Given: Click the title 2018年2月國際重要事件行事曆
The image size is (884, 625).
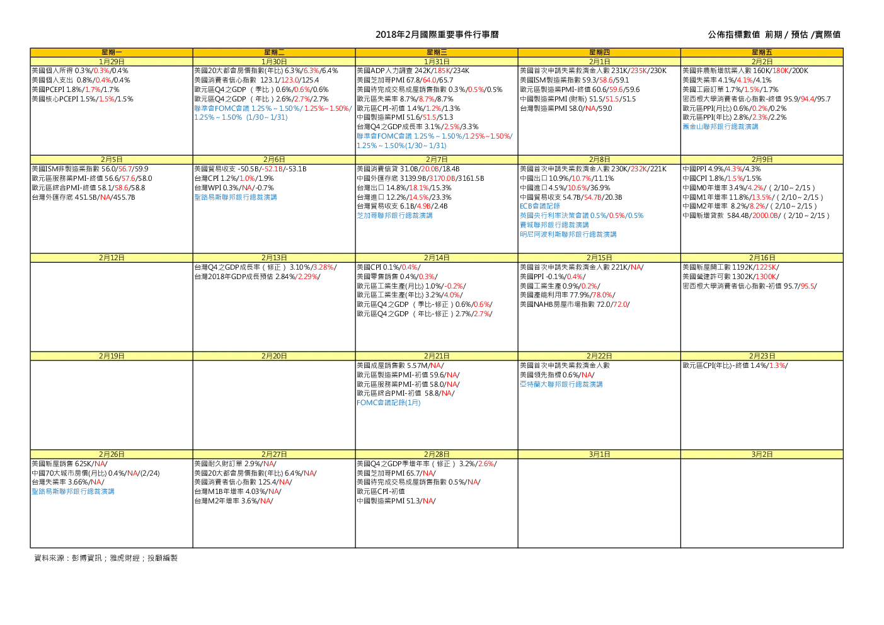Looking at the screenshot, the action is click(x=437, y=35).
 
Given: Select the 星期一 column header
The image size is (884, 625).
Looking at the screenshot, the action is click(x=112, y=52).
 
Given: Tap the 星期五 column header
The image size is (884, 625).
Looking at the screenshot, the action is click(x=762, y=52).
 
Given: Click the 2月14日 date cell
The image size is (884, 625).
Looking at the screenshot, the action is click(x=437, y=258).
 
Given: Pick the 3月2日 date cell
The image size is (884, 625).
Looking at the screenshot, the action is click(x=762, y=454).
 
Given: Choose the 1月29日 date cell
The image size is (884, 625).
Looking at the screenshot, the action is click(x=112, y=62).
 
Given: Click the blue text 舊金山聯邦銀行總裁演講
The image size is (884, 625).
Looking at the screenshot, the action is click(x=720, y=127).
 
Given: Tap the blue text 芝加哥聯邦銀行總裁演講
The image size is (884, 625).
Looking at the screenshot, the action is click(x=394, y=215).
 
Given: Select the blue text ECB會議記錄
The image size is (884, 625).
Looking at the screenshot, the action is click(x=539, y=206).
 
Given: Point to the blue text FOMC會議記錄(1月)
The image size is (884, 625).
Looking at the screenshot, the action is click(x=389, y=403).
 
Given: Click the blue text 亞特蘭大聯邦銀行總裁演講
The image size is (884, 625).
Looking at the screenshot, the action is click(x=561, y=384).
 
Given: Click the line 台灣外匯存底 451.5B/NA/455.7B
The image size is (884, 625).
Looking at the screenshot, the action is click(x=83, y=197).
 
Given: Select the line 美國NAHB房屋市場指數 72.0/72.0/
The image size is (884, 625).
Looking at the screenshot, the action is click(x=575, y=304).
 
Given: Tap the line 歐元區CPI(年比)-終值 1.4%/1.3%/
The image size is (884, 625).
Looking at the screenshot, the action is click(x=735, y=365).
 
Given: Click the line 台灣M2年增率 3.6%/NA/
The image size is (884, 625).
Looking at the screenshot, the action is click(x=234, y=501).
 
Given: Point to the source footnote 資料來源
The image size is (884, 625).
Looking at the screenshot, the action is click(x=106, y=558).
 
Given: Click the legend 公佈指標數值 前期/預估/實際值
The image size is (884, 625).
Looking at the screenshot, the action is click(x=774, y=35).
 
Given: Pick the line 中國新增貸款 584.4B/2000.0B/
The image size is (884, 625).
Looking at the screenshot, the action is click(x=755, y=215).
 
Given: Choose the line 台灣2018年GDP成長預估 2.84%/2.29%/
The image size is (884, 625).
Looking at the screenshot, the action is click(x=257, y=277).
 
